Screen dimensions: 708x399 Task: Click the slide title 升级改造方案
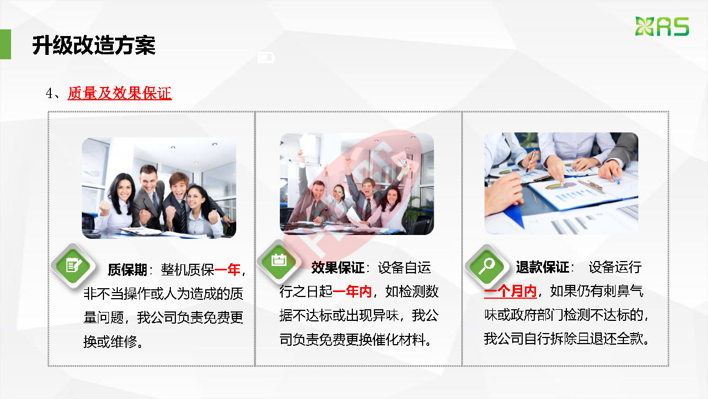coord(94,45)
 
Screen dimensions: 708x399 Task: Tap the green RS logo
coord(662,26)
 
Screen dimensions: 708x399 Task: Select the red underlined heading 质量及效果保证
coord(119,94)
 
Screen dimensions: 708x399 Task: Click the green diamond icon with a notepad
coord(74,265)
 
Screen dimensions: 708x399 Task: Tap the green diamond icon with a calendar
coord(279,261)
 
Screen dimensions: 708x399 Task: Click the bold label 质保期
coord(127,270)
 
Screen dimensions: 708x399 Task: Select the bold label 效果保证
coord(338,268)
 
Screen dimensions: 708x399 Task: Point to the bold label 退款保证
coord(543,267)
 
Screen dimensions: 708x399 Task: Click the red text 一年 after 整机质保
coord(227,270)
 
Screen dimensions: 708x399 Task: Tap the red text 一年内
coord(352,291)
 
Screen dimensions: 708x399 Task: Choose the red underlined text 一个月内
coord(511,291)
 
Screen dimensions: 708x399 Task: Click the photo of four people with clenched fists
coord(159,188)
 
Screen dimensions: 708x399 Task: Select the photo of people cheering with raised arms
coord(357,184)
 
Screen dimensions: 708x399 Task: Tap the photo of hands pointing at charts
coord(561,183)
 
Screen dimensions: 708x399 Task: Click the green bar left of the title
coord(6,44)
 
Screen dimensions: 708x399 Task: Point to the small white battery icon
coord(266,58)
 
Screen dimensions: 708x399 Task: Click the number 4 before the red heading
coord(49,94)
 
